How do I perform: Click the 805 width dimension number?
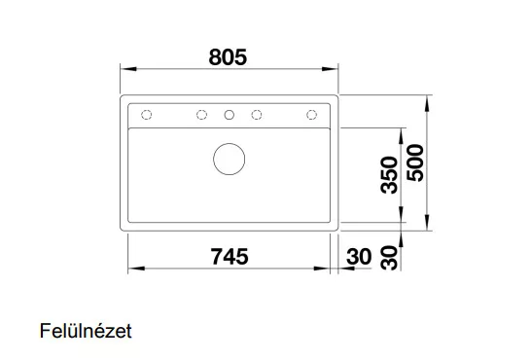[228, 57]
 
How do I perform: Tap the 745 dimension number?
[230, 257]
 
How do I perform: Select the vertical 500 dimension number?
[415, 162]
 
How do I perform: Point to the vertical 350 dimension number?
[389, 175]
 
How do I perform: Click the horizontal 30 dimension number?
[359, 257]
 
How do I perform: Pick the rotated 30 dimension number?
[389, 258]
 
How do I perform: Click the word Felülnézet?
[86, 331]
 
